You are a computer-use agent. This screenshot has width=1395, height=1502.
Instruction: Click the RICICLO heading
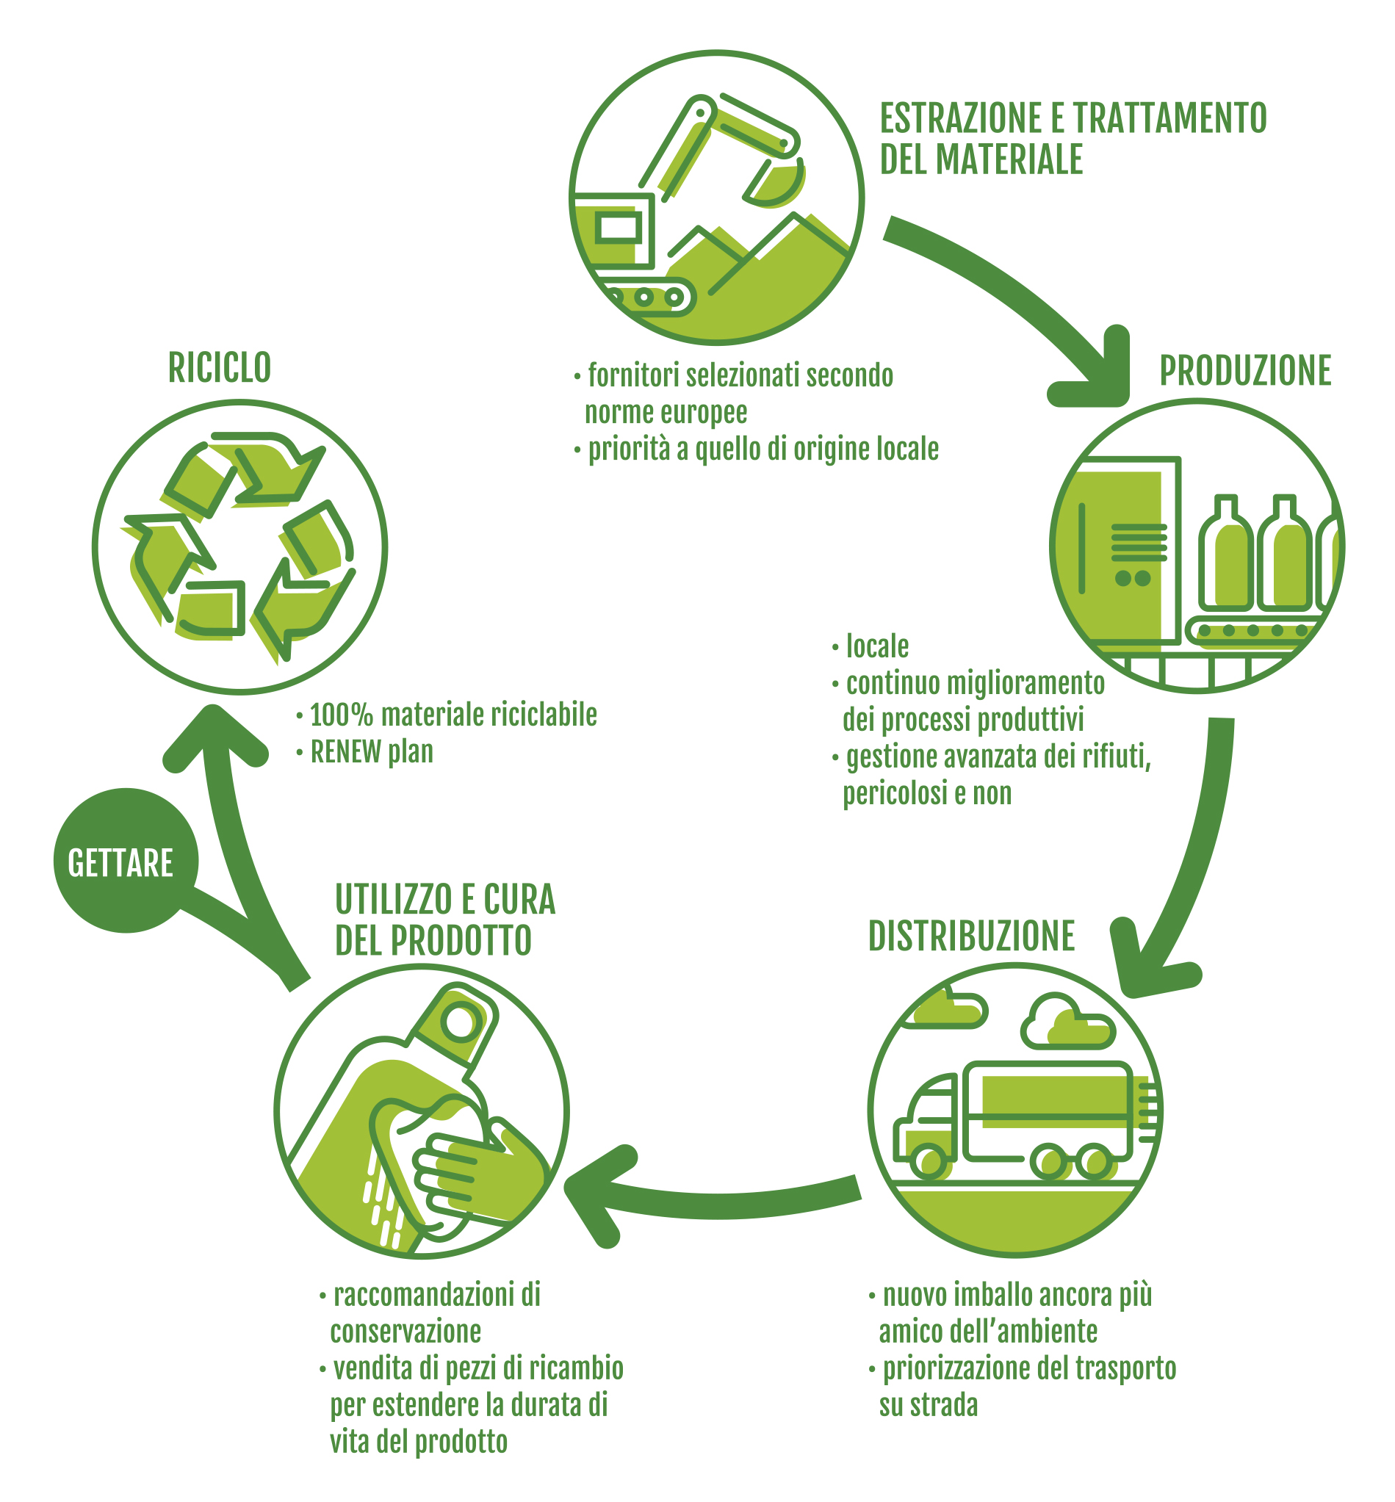click(219, 368)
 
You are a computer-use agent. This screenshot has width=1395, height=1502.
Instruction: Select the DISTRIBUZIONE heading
click(970, 936)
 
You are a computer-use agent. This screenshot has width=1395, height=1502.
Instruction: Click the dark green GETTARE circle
click(125, 862)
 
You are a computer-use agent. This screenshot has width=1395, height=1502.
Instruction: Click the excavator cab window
click(619, 227)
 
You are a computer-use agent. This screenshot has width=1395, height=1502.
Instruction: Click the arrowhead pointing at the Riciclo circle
click(215, 736)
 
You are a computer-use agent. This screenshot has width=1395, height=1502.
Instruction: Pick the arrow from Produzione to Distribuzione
click(1193, 853)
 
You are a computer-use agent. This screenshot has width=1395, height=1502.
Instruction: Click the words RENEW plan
click(372, 752)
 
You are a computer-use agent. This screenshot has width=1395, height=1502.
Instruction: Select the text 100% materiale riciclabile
click(453, 715)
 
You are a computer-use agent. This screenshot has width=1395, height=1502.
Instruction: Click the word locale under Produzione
click(877, 647)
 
